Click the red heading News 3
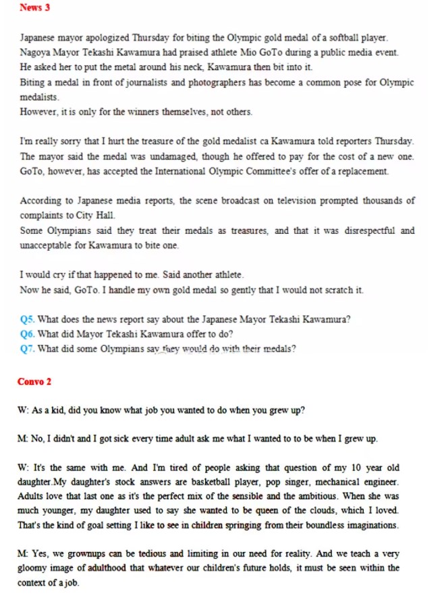[x=34, y=8]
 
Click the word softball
[x=336, y=38]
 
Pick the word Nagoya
[x=34, y=53]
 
